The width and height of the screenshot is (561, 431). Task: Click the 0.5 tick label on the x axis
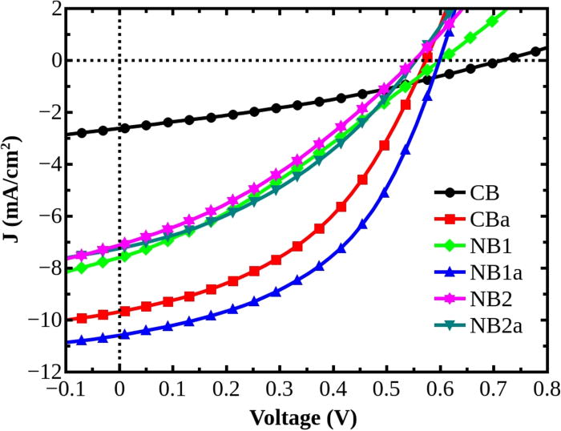pyautogui.click(x=386, y=388)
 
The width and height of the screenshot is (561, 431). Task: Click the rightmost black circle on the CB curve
pyautogui.click(x=536, y=51)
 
